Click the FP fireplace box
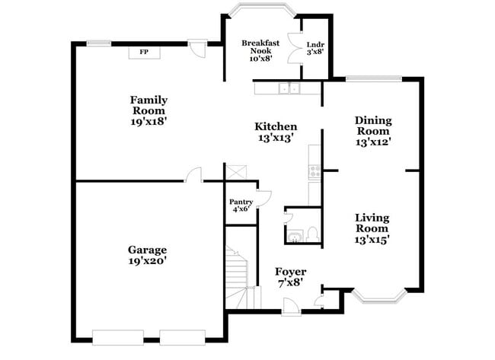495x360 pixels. (143, 52)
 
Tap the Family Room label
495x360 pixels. (148, 110)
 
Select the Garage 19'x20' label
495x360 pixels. (147, 255)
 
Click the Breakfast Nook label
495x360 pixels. (260, 51)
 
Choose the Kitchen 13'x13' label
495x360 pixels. (276, 132)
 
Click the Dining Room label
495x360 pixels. (373, 131)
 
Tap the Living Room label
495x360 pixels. (372, 228)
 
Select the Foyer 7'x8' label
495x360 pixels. (290, 276)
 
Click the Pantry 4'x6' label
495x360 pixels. (241, 205)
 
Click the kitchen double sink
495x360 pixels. (289, 89)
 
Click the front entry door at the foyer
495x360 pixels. (289, 307)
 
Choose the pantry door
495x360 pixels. (264, 198)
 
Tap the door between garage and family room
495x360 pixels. (194, 174)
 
